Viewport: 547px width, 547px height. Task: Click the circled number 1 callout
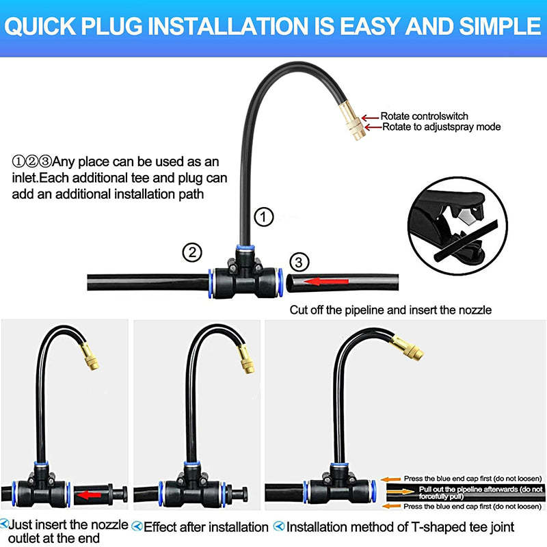click(x=264, y=217)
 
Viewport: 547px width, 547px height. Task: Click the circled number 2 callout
click(x=192, y=252)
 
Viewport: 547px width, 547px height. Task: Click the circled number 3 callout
click(x=298, y=261)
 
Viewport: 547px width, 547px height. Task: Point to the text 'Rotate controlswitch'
click(x=424, y=116)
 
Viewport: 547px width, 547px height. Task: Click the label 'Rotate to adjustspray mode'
click(x=441, y=126)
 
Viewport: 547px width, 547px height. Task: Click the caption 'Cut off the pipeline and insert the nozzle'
click(x=390, y=310)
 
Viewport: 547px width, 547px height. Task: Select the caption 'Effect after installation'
click(x=206, y=527)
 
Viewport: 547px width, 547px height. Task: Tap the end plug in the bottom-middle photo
click(x=246, y=492)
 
